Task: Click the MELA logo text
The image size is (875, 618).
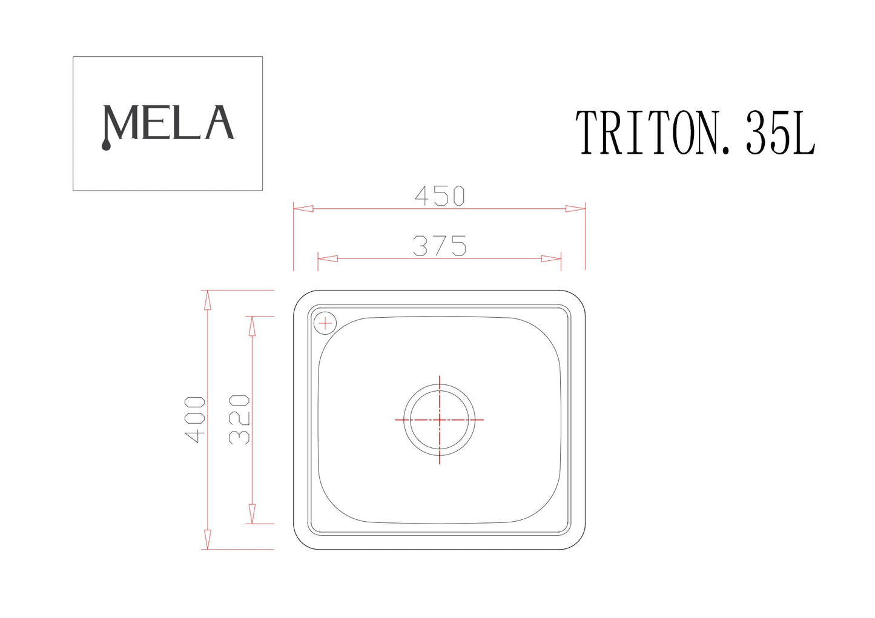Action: (168, 123)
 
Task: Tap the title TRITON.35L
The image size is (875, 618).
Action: (695, 133)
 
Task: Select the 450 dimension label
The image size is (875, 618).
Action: (440, 196)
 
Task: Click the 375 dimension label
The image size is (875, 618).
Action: (440, 246)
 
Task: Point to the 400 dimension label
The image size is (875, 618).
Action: (196, 419)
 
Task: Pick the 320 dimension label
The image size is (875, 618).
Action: (240, 419)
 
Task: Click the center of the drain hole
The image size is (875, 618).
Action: (439, 419)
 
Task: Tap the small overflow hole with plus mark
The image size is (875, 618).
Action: (325, 324)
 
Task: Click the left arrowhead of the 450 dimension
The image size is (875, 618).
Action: (303, 209)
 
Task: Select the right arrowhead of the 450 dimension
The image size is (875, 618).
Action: (575, 209)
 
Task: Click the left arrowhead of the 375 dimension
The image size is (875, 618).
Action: (328, 258)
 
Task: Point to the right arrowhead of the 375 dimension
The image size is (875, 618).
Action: (551, 258)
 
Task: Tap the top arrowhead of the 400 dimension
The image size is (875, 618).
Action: (207, 300)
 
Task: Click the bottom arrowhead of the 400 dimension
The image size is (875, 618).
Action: (207, 539)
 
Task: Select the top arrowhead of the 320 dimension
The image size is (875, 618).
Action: (252, 326)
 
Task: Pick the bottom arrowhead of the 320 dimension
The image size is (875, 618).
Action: (252, 514)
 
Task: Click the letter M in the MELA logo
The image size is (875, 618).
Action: (123, 123)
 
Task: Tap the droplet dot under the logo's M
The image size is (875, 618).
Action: (106, 145)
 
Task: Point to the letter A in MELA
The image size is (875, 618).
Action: (219, 123)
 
